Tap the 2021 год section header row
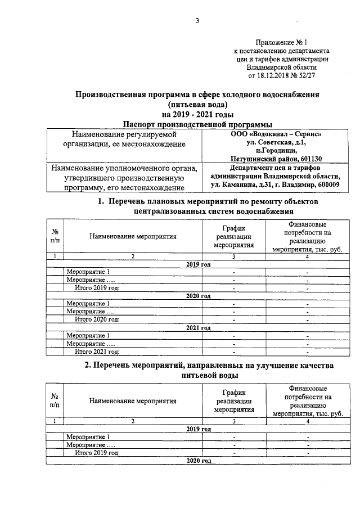(198, 328)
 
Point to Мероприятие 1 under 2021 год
(88, 336)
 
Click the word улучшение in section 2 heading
(258, 365)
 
